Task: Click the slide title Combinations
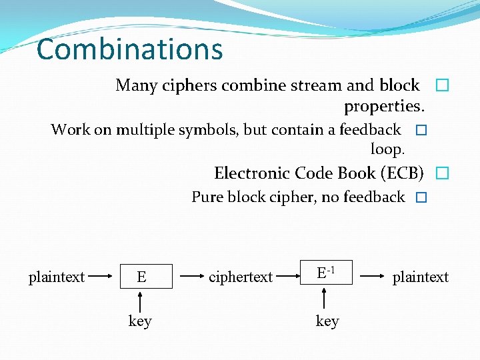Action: pos(129,49)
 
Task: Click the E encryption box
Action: pos(141,276)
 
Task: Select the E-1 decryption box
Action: pos(326,273)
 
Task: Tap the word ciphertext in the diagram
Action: pos(240,277)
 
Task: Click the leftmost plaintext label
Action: pos(57,277)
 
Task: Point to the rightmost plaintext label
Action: pos(421,277)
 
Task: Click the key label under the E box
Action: pos(140,321)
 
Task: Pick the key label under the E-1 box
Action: pos(327,321)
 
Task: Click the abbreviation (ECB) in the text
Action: pos(402,173)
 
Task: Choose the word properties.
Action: pos(385,106)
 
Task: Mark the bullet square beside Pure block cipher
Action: pos(420,198)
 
